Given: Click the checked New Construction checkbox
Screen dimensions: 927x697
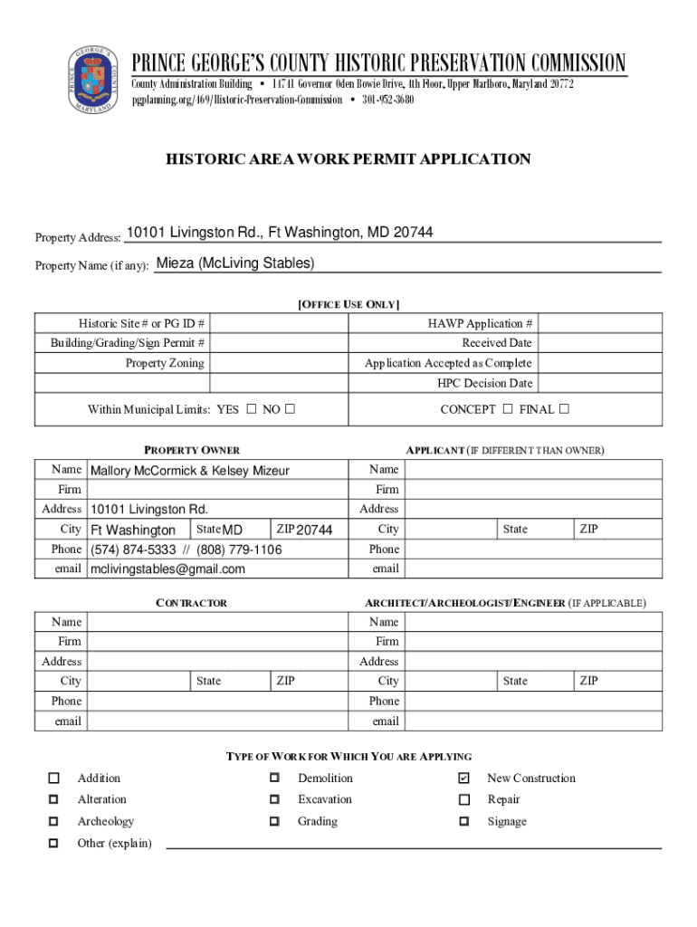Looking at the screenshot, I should [464, 779].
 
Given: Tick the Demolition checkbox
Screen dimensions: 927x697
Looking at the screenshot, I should [273, 779].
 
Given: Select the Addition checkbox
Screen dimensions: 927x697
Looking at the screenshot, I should [54, 779].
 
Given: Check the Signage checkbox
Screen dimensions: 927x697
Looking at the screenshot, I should [464, 822].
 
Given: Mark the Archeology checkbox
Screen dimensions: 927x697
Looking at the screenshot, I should [54, 822].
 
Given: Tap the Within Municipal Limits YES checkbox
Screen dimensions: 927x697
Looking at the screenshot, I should [251, 409].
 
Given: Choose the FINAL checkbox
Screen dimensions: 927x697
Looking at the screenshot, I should [564, 409].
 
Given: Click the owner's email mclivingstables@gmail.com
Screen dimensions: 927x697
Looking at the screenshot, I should [167, 569].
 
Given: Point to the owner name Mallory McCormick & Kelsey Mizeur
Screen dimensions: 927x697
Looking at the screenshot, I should [190, 471].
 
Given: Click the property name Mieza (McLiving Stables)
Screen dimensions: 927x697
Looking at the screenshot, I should [235, 263].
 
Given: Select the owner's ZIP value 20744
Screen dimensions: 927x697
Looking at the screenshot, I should [315, 530].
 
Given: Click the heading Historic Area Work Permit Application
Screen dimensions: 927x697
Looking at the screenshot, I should [348, 159].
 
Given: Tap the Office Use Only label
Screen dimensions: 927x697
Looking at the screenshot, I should [348, 304].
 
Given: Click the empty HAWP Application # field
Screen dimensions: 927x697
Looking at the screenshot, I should [600, 324].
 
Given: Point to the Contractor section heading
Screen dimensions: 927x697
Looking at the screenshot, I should [192, 603].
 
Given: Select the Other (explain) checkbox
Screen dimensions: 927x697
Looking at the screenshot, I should [54, 844].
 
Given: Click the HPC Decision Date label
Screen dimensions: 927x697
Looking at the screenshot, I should [485, 384].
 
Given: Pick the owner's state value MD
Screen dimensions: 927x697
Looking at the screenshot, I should [234, 530].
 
